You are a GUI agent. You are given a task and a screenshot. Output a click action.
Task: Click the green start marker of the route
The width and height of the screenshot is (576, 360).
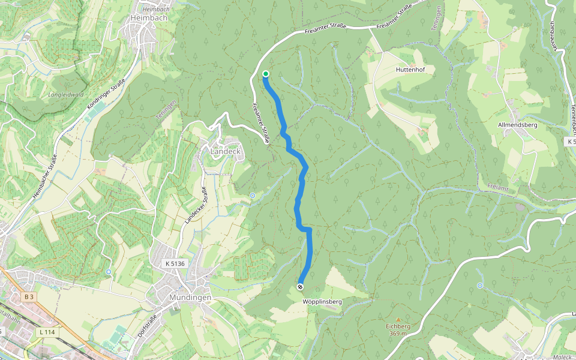tap(265, 74)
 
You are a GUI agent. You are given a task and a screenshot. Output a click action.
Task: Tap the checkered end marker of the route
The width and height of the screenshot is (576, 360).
tap(300, 287)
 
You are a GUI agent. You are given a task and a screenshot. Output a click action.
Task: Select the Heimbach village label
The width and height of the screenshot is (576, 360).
tap(148, 18)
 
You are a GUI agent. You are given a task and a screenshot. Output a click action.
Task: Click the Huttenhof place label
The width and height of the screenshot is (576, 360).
tap(410, 70)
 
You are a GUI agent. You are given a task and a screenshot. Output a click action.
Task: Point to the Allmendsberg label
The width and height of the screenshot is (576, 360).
tap(517, 125)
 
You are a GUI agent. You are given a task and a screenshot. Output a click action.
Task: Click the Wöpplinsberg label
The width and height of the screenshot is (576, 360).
tap(322, 302)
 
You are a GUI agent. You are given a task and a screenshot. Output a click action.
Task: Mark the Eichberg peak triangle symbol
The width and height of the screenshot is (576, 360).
tap(397, 320)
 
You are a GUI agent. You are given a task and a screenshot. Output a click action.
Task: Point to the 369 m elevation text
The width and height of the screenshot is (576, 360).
tap(397, 333)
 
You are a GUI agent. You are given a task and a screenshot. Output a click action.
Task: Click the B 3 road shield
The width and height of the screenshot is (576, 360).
tap(29, 296)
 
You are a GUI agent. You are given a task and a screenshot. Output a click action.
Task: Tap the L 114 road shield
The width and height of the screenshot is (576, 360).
tap(46, 332)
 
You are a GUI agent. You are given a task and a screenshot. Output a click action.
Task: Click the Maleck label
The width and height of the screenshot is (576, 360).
tap(562, 357)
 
